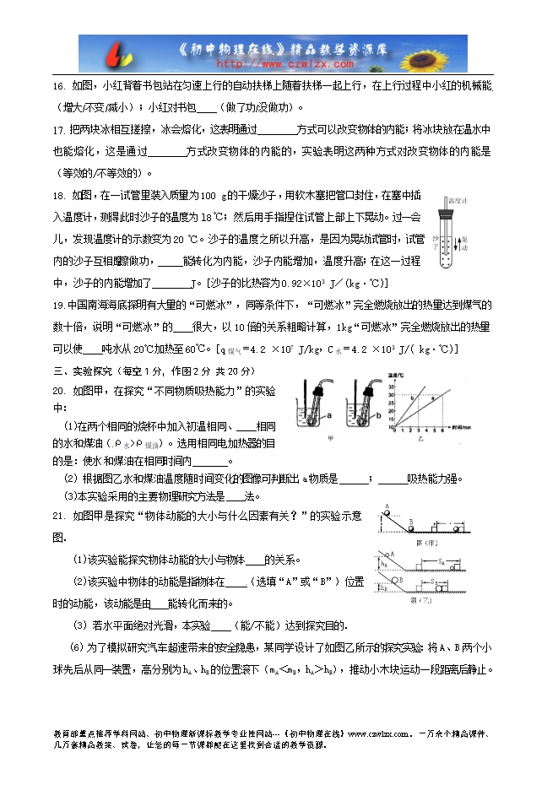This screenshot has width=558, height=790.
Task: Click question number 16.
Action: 59,87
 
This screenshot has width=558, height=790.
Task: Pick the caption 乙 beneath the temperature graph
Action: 420,439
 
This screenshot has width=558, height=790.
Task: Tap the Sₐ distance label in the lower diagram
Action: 441,560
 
